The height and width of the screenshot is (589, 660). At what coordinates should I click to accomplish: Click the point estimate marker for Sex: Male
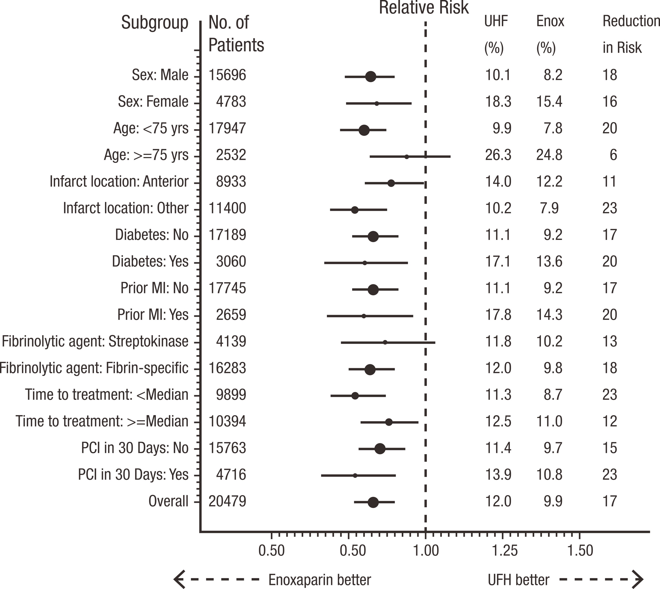371,77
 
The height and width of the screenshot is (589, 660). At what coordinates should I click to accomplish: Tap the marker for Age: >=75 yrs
407,157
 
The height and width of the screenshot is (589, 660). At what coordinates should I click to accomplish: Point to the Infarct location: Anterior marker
391,183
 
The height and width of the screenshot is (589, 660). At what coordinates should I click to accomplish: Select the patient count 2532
231,155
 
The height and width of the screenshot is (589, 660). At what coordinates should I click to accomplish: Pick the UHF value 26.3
498,155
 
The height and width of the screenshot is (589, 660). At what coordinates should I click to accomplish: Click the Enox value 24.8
549,155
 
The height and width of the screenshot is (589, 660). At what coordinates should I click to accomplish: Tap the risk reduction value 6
613,155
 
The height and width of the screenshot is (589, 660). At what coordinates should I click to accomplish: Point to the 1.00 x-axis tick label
426,550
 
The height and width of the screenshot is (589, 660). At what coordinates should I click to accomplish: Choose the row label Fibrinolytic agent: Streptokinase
95,341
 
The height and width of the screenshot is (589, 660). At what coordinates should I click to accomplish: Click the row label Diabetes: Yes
150,261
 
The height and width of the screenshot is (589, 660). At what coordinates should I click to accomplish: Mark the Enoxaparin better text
320,580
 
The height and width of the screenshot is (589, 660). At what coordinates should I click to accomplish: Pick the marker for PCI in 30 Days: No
380,449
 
